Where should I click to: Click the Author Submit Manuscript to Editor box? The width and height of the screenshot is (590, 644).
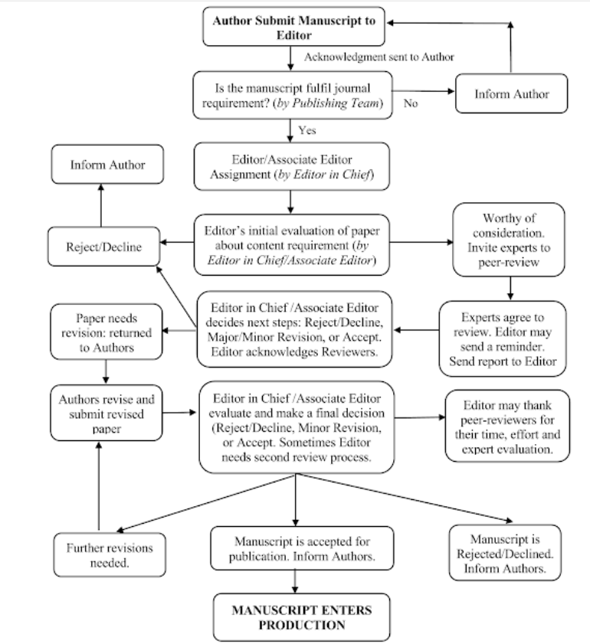[294, 28]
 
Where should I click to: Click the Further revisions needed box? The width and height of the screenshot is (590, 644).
[103, 555]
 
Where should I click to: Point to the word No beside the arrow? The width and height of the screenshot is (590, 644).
[411, 103]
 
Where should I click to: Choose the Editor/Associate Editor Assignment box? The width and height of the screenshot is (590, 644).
[294, 165]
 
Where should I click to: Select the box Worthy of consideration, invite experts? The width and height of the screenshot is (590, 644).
[509, 239]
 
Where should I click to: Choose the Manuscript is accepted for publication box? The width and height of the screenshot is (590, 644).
[294, 548]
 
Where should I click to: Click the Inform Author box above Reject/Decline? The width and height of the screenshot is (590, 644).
[107, 165]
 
